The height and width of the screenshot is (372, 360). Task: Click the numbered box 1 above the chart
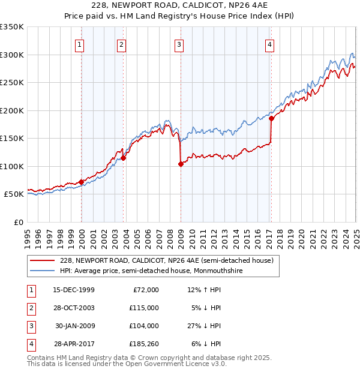coord(80,44)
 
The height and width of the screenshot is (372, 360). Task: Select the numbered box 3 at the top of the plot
coord(179,44)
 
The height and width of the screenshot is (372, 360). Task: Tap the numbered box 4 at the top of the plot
coord(270,44)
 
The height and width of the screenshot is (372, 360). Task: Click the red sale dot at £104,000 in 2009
coord(181,164)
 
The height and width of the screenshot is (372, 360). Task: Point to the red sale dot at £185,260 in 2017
coord(271,119)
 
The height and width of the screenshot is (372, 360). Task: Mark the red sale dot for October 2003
coord(123,158)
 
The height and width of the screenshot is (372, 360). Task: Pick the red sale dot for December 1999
coord(81,182)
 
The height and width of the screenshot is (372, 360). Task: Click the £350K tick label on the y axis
coord(12,27)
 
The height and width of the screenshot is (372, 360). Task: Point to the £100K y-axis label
coord(12,166)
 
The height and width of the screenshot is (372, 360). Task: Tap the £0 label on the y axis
coord(19,222)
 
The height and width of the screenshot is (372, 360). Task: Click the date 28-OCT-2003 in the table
coord(74,308)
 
